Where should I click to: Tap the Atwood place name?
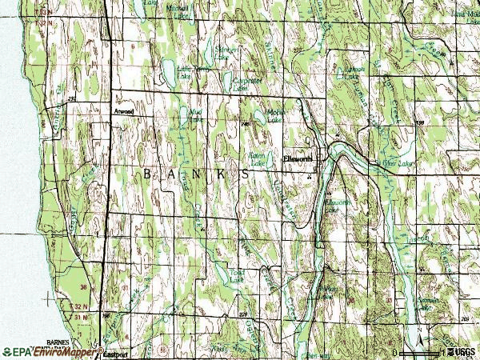(124, 112)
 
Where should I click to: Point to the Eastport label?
(117, 356)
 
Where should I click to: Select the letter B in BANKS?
(146, 173)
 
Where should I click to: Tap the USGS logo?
(462, 351)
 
